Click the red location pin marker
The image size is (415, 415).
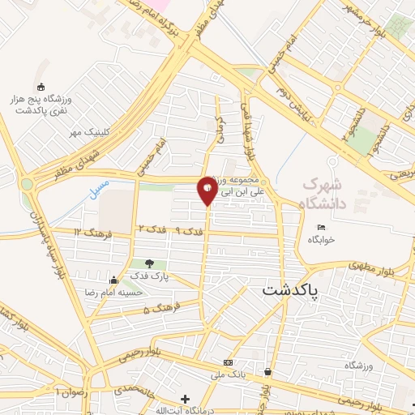click(x=207, y=190)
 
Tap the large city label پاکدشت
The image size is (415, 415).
click(x=291, y=289)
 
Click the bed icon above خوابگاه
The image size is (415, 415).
click(x=322, y=227)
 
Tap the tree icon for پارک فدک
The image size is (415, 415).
click(x=148, y=263)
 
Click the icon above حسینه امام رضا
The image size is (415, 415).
click(x=113, y=280)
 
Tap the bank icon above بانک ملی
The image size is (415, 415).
click(x=229, y=362)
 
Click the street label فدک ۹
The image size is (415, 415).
click(x=188, y=232)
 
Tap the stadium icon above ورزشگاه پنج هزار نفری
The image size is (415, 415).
click(x=41, y=88)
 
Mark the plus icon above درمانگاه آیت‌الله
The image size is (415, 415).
click(x=186, y=399)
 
